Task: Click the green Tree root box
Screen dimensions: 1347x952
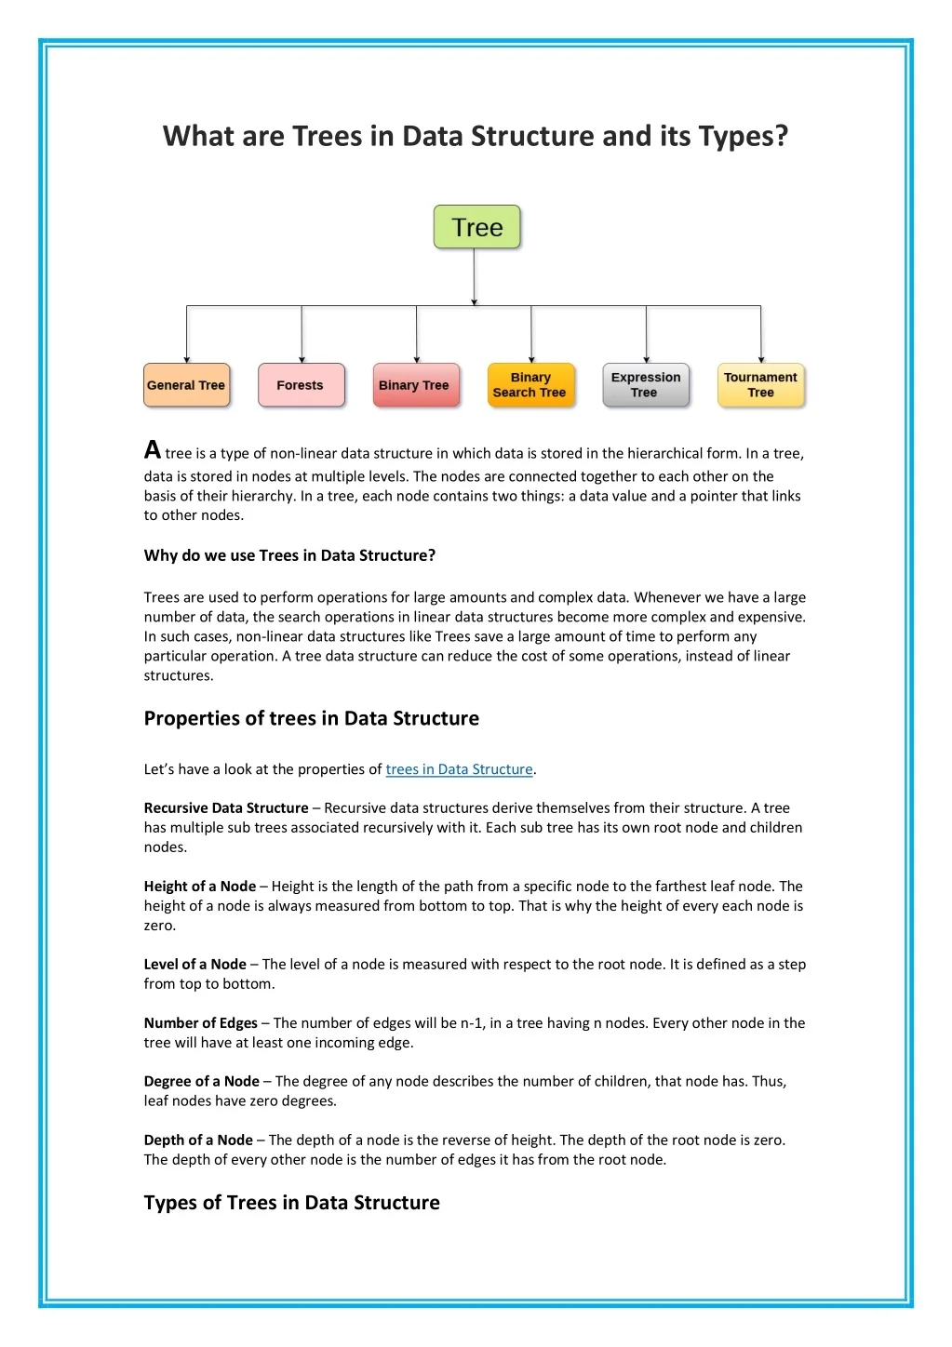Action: coord(476,227)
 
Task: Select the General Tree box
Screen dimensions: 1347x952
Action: coord(186,385)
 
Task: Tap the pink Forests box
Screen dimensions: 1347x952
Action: coord(301,385)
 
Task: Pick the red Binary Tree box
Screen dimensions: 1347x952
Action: coord(415,385)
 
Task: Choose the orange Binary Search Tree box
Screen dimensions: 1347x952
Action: coord(530,385)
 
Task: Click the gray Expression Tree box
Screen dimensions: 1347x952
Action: coord(646,385)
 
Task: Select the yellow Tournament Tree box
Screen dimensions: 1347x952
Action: coord(760,385)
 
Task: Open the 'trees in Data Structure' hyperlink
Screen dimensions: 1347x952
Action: coord(459,769)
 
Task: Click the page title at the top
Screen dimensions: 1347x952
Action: coord(476,136)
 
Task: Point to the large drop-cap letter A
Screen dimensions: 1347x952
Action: coord(153,450)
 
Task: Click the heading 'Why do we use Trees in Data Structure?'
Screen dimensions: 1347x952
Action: coord(289,555)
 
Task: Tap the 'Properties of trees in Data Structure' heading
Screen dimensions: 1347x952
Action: coord(311,718)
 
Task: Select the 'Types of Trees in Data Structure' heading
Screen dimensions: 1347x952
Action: coord(291,1203)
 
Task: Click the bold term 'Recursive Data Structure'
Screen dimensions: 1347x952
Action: coord(226,808)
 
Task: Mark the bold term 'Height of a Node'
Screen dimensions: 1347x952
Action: coord(199,887)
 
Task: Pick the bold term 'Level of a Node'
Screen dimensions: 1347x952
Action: coord(194,965)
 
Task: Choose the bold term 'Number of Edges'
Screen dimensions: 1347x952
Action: coord(200,1023)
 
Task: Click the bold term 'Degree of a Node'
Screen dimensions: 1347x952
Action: coord(201,1081)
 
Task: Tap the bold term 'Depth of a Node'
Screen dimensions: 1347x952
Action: coord(198,1140)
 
